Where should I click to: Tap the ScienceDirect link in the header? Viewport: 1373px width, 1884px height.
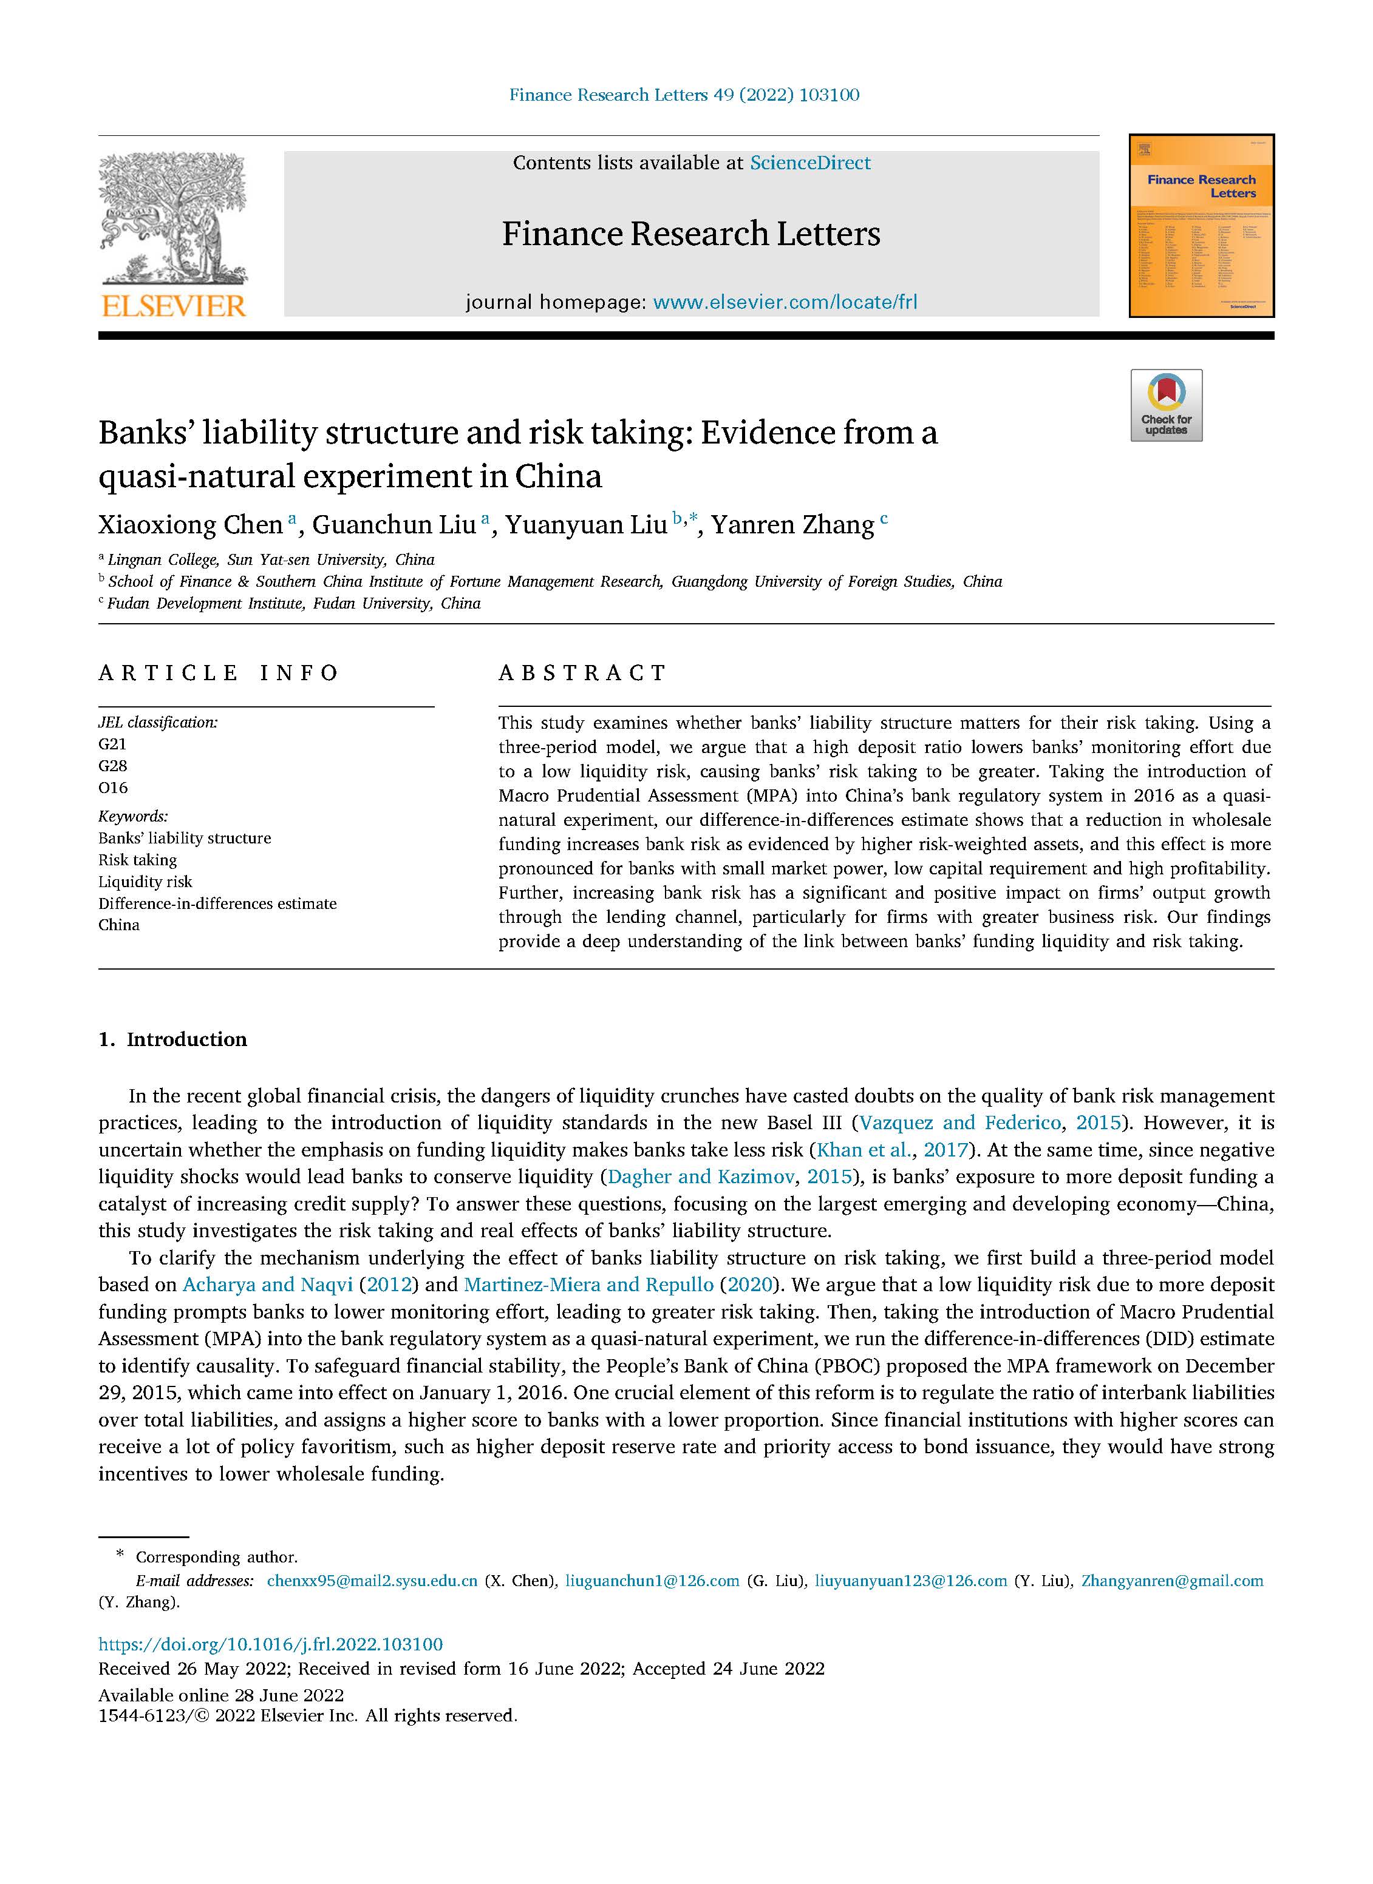[809, 163]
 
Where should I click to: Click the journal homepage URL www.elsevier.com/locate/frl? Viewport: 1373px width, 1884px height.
[785, 302]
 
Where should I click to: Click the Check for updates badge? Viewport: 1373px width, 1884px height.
[1165, 405]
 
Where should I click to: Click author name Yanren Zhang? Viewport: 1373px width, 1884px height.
[792, 525]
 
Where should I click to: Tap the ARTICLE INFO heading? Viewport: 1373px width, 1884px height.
[219, 673]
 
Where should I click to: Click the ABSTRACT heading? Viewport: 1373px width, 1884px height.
[582, 673]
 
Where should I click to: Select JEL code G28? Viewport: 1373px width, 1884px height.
[113, 766]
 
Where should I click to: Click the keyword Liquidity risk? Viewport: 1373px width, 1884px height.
[146, 882]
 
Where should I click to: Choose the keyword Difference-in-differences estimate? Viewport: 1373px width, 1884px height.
[218, 903]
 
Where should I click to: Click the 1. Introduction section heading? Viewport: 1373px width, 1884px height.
[173, 1039]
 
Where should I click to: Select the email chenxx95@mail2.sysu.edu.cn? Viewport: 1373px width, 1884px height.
[372, 1581]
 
